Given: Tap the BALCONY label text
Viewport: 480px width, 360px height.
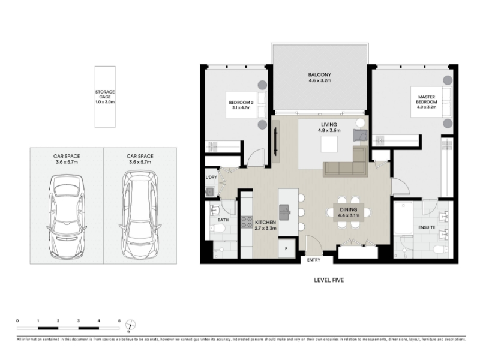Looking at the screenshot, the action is (x=320, y=74).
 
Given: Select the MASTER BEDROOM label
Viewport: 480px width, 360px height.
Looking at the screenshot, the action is (x=427, y=99).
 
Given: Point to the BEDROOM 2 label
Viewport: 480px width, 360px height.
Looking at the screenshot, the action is (x=241, y=103).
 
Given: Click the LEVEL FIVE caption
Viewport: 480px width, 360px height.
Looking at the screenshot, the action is (x=329, y=280).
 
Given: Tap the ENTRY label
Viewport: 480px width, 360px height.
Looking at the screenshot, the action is (x=313, y=260).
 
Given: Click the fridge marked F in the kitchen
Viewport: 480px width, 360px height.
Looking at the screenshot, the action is (x=287, y=248).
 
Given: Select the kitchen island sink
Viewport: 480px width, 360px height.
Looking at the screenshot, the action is (x=284, y=212).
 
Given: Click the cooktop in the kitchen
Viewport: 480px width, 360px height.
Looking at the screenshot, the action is (x=247, y=222).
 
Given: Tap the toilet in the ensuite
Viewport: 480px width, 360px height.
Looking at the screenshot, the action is (x=440, y=249).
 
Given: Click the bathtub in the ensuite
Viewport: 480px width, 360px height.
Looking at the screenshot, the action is (x=403, y=218).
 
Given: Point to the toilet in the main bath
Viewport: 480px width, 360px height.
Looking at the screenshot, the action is (x=218, y=229).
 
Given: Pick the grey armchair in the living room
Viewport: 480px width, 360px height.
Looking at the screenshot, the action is (x=360, y=135).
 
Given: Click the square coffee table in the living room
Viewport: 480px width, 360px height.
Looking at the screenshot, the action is (x=329, y=144).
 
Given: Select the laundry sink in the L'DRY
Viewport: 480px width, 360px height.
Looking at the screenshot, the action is (x=209, y=192).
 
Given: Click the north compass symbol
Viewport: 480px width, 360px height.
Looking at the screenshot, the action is (x=130, y=325).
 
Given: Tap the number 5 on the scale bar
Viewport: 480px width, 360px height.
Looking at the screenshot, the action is (x=119, y=321).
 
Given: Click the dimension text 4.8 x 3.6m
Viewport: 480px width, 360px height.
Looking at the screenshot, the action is (x=329, y=130).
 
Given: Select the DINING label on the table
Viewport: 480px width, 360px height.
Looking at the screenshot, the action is (x=349, y=209).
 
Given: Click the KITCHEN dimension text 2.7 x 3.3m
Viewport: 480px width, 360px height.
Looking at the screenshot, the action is (x=266, y=228).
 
